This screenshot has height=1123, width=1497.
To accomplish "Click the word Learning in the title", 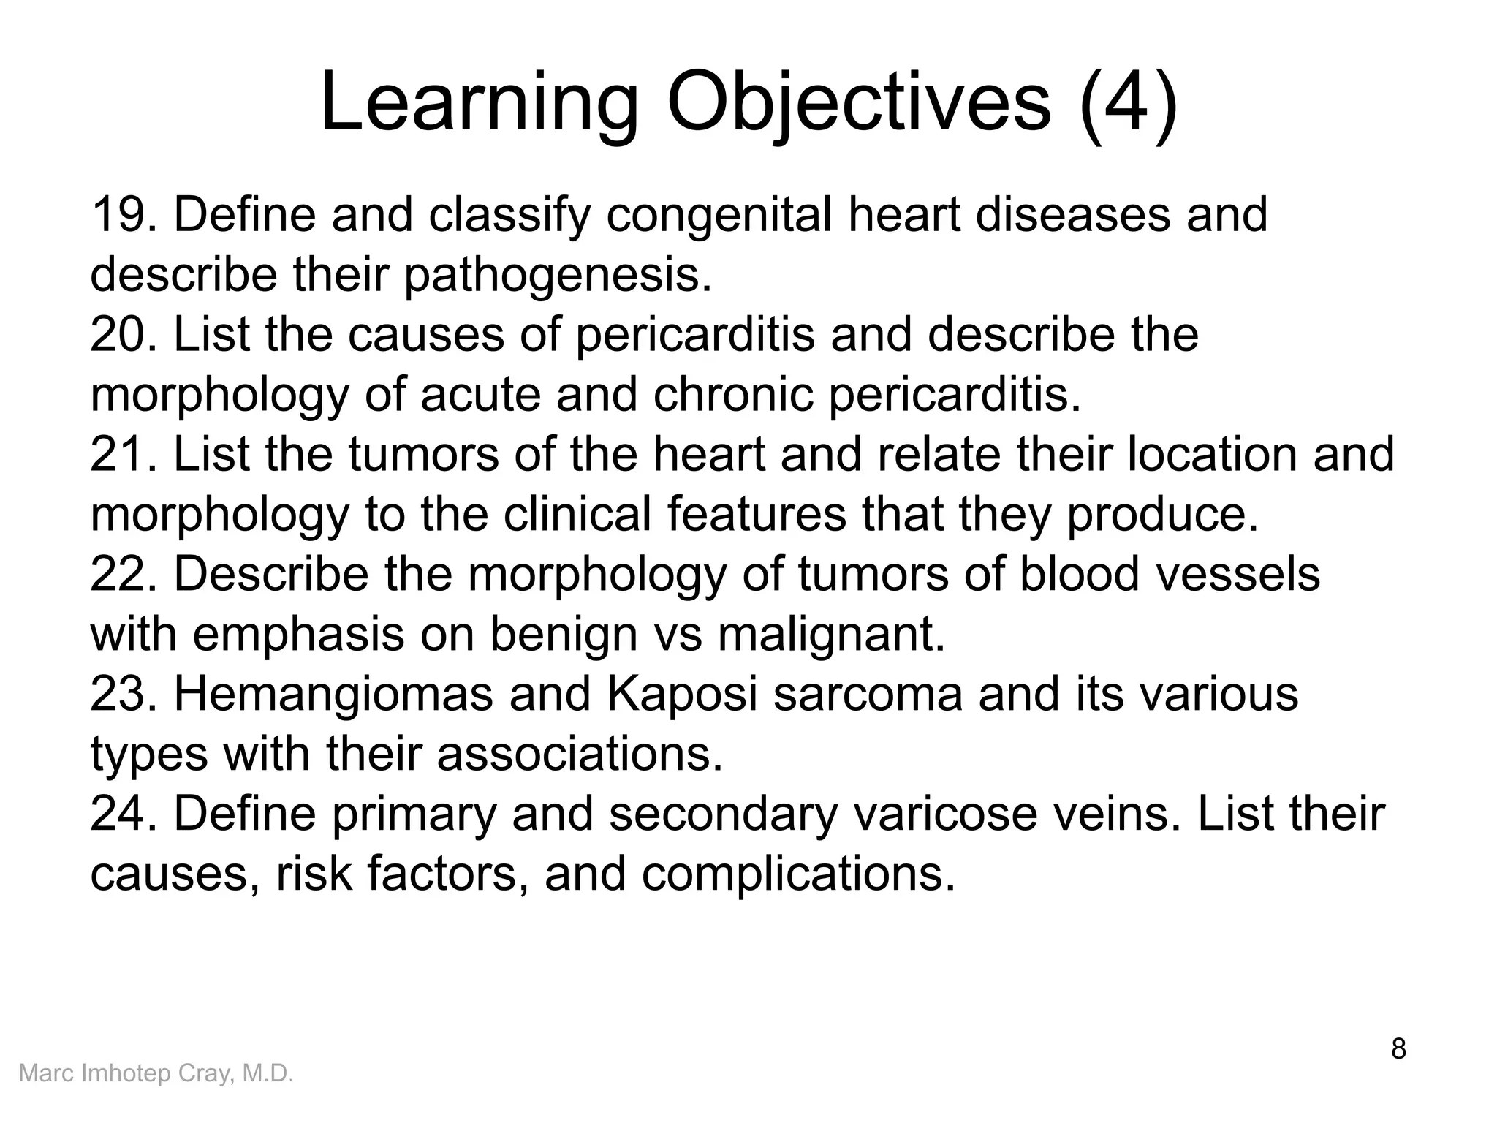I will click(x=479, y=104).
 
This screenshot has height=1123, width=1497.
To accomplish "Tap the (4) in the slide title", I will click(x=1128, y=104).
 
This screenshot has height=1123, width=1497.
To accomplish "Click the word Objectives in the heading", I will click(x=858, y=104).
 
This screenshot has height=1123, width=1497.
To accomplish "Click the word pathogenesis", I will click(x=557, y=275).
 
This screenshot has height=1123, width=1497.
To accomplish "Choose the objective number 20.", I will click(x=122, y=335).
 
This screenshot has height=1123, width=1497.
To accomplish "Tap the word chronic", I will click(x=732, y=395).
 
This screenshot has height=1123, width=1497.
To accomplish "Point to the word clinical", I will click(x=577, y=515).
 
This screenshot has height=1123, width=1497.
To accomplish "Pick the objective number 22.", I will click(x=122, y=575).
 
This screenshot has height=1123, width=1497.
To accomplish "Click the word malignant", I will click(x=831, y=635).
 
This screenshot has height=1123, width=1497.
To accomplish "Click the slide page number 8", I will click(x=1398, y=1049).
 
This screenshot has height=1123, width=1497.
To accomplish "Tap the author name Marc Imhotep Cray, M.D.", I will click(x=156, y=1073).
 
